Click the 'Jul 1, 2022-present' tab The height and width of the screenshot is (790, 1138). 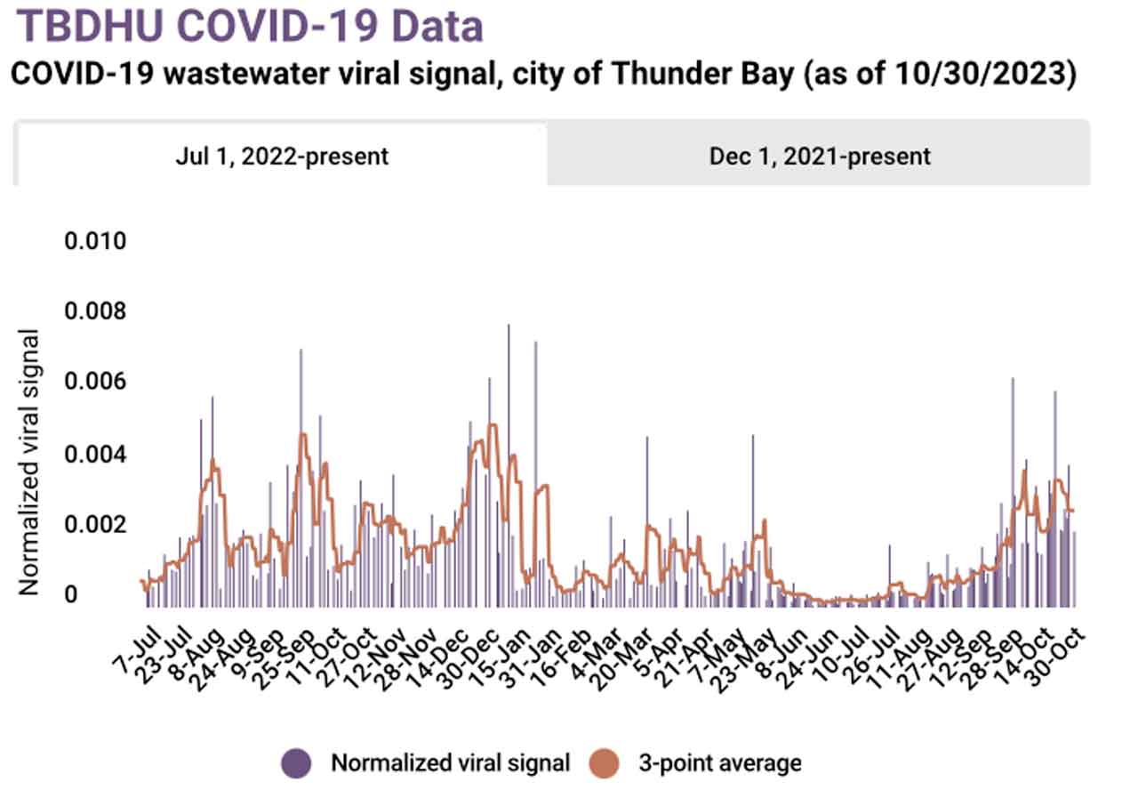click(280, 156)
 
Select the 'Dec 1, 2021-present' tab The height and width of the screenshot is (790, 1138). click(819, 156)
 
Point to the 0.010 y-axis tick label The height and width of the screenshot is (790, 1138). click(96, 242)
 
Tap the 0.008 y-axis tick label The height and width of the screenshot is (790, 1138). click(96, 312)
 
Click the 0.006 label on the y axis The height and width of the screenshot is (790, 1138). click(96, 383)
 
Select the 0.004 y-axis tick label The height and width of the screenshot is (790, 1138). click(96, 454)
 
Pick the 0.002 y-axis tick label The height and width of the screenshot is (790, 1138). click(96, 524)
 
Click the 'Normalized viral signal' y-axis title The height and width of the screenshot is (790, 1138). click(29, 462)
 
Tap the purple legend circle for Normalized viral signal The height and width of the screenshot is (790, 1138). click(296, 763)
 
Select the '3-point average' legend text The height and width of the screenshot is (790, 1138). click(718, 763)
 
